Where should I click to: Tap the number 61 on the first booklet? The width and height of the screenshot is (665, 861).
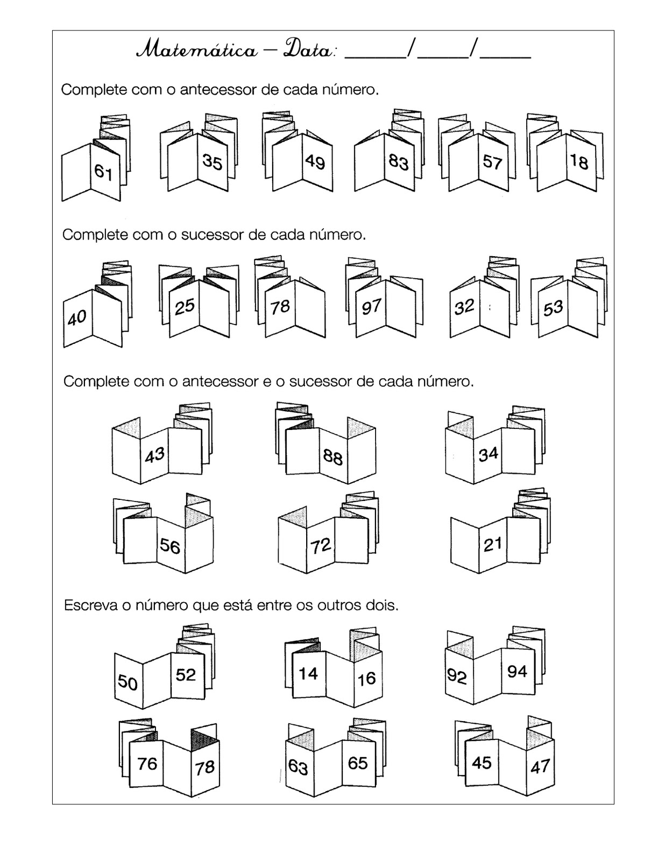pos(103,172)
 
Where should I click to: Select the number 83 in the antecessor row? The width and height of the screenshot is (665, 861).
pos(399,162)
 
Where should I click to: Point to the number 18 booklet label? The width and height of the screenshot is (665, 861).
pos(579,161)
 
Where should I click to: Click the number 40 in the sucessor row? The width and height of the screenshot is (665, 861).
pos(77,317)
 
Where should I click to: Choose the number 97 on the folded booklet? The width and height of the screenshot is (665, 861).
pos(371,307)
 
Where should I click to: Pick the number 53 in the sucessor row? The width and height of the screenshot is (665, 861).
pos(553,308)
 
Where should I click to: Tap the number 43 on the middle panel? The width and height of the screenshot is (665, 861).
pos(155,455)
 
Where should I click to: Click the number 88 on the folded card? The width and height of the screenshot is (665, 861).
pos(333,457)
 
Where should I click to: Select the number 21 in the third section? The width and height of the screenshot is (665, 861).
pos(492,545)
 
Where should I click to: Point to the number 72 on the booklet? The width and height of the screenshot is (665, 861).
pos(321,546)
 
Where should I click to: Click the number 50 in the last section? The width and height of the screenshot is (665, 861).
pos(128,682)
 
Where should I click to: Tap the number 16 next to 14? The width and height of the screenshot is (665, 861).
pos(366,678)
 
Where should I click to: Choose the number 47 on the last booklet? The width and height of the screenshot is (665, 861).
pos(540,766)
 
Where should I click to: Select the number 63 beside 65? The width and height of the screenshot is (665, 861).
pos(298,766)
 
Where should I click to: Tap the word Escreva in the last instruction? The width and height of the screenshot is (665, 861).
pos(89,605)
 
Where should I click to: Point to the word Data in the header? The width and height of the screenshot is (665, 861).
pos(308,50)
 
